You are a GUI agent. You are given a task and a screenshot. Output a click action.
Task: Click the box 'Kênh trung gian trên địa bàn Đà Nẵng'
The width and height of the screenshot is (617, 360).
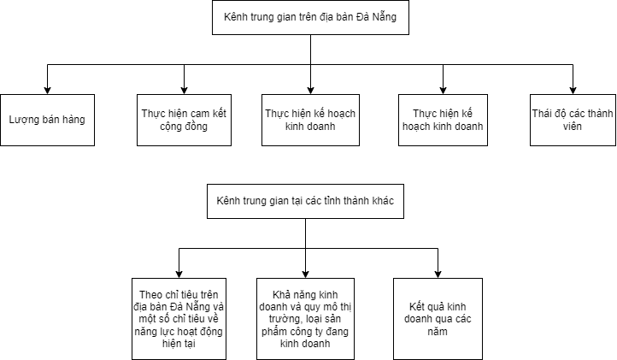310,17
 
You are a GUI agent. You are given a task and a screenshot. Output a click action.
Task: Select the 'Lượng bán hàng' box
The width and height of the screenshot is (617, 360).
47,120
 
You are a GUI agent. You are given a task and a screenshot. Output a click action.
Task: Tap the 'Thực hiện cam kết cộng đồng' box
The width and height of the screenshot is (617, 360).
184,120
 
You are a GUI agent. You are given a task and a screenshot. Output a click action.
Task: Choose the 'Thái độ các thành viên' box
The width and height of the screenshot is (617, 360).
573,120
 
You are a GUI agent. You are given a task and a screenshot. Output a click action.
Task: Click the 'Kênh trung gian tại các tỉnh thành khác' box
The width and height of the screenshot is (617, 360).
305,201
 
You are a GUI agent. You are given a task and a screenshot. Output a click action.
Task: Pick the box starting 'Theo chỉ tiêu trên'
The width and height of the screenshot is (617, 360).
179,319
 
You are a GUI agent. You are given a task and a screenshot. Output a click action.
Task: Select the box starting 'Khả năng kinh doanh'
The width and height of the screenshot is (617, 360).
305,319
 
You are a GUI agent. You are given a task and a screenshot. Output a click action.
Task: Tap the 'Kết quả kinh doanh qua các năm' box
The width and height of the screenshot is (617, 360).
438,319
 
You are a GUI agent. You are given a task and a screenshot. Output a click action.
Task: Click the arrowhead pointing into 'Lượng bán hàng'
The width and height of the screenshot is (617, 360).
47,91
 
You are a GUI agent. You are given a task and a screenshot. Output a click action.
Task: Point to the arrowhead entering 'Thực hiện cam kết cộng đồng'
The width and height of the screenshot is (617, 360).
184,91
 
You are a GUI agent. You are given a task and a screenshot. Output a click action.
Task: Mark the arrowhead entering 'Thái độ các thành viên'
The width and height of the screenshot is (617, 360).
573,91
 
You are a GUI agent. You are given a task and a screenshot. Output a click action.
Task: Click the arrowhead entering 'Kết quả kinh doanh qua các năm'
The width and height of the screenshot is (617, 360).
438,274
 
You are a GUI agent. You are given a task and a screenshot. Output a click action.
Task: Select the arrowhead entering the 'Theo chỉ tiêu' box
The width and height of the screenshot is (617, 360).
179,274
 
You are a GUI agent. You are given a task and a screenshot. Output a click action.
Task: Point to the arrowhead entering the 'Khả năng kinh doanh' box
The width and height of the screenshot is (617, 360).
305,274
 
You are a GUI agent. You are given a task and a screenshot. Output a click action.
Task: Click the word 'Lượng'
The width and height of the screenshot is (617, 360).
22,120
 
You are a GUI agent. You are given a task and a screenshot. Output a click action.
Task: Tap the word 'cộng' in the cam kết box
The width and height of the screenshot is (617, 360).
170,127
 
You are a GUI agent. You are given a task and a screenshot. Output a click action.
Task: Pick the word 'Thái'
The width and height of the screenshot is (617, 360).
542,114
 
